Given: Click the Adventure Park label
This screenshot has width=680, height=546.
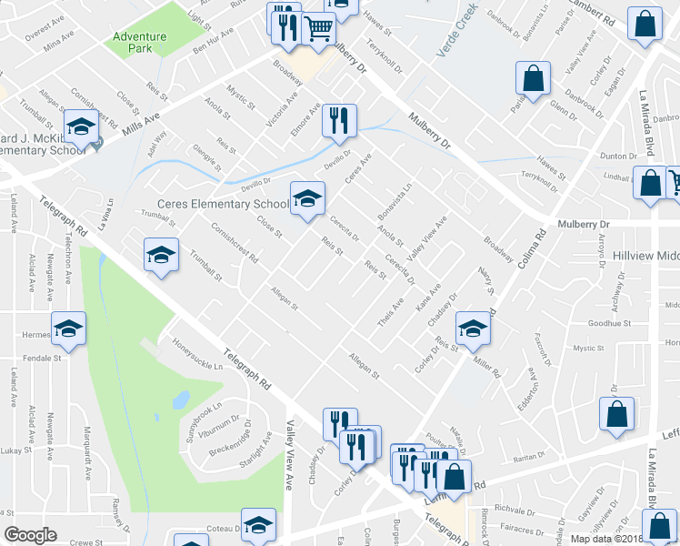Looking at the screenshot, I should [139, 42].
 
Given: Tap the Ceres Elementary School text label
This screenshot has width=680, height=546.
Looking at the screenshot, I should [223, 204].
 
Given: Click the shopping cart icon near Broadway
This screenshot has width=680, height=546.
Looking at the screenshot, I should [319, 29].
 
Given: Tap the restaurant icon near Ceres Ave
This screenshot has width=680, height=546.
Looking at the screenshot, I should [339, 121].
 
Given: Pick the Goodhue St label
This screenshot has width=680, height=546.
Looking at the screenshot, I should [609, 323].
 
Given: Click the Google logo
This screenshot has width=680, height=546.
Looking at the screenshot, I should [30, 535].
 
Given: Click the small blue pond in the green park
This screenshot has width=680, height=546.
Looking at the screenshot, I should [181, 399].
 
